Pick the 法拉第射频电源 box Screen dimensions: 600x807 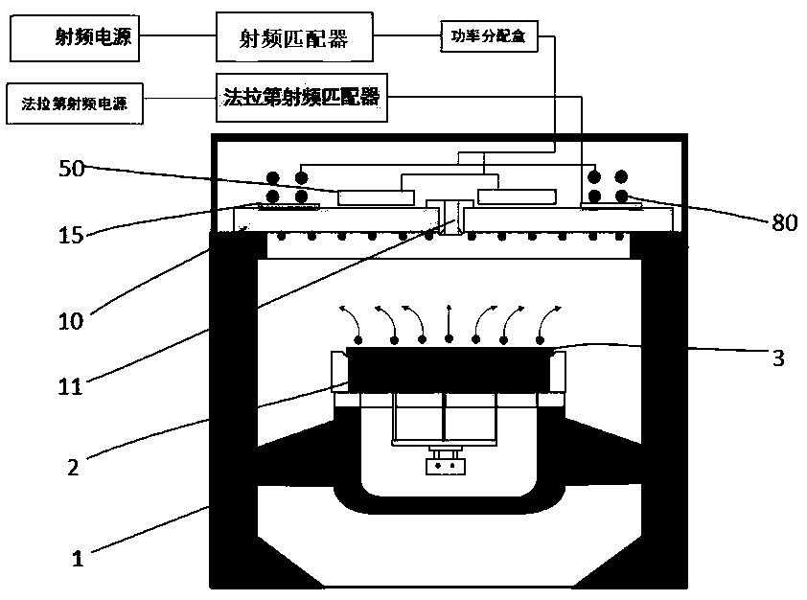point(74,103)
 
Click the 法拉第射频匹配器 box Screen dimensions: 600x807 point(302,97)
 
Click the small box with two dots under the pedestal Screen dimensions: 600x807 point(446,467)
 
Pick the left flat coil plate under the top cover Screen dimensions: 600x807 point(375,197)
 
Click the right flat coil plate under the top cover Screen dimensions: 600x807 point(518,197)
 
